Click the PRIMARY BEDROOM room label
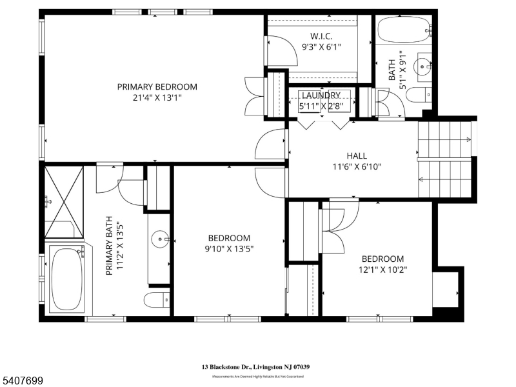(x=157, y=86)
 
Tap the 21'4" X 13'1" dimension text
(x=157, y=98)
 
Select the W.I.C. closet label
(x=321, y=35)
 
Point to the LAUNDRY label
(x=321, y=95)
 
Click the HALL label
(x=357, y=155)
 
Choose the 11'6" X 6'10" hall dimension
(x=357, y=166)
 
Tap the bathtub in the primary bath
(x=66, y=279)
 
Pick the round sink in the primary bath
(x=161, y=239)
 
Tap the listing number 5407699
(x=23, y=381)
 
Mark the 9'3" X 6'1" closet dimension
(x=321, y=46)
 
